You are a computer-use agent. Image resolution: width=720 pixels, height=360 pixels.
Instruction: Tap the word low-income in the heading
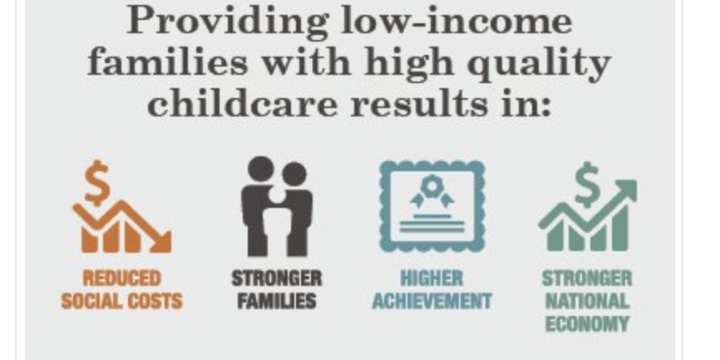coord(457,21)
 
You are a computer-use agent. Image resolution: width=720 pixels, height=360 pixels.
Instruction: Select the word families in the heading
coord(168,62)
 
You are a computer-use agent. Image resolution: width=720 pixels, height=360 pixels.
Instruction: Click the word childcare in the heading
coord(243,104)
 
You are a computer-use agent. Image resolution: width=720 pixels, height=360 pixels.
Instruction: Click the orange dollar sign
coord(97,182)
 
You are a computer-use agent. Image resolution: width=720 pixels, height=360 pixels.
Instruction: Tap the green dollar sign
coord(587,184)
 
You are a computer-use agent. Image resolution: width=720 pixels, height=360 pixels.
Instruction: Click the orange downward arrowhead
coord(161,241)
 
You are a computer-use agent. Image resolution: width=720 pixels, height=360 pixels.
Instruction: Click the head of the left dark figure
coord(261,169)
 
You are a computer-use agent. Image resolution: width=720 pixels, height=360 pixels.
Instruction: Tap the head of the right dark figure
coord(293,175)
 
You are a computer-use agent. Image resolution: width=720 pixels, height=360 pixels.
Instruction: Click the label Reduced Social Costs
coord(121,289)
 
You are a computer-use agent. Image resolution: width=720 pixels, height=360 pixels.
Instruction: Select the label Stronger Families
coord(277,289)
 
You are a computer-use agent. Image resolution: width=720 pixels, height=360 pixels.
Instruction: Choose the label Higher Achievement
coord(432,289)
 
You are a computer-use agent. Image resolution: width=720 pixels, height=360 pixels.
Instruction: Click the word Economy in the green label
coord(587,324)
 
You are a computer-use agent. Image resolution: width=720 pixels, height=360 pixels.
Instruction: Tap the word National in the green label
coord(587,301)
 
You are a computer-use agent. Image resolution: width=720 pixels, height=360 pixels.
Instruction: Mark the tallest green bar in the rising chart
coord(620,228)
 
